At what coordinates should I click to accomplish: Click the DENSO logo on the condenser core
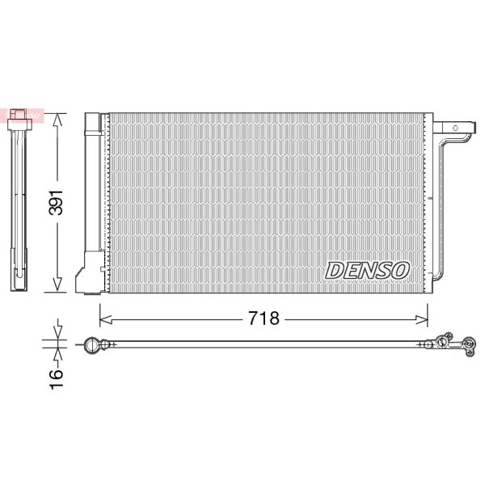368,270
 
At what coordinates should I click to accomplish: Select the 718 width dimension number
263,318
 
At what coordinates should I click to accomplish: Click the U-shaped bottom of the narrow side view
20,283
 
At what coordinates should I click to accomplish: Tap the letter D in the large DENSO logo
335,270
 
